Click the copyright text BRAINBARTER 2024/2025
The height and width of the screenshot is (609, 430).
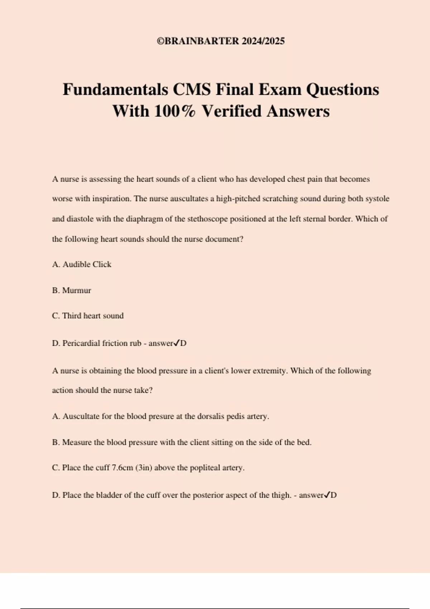click(x=221, y=41)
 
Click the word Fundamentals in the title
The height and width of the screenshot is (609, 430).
click(x=115, y=90)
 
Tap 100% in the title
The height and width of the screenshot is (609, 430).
click(x=175, y=111)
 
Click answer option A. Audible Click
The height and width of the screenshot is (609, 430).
click(x=82, y=264)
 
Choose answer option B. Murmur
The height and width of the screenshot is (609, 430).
click(x=72, y=291)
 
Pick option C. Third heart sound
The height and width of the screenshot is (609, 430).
click(x=88, y=316)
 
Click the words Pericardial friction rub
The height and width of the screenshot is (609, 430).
click(x=102, y=343)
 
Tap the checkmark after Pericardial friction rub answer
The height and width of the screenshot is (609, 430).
click(x=176, y=343)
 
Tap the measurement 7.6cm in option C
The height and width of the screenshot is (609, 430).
click(x=122, y=468)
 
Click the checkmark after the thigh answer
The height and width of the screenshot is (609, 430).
click(x=327, y=495)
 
